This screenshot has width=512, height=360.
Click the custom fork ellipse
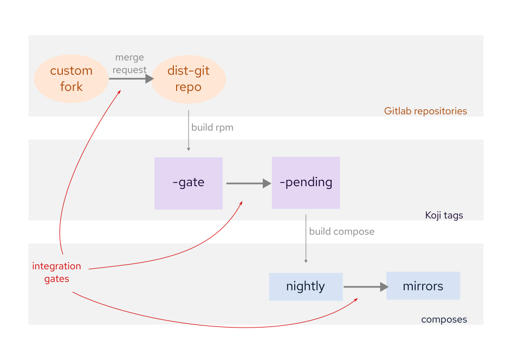(71, 78)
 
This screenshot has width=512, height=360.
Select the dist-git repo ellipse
(188, 79)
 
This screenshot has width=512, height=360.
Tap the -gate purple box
(188, 183)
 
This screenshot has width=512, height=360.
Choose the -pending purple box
(306, 182)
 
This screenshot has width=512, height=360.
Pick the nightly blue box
(306, 286)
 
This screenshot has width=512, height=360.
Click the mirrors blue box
(423, 286)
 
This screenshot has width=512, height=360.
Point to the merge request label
(129, 63)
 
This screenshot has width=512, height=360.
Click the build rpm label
(212, 128)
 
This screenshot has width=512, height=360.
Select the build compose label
(341, 231)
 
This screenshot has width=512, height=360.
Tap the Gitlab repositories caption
(425, 111)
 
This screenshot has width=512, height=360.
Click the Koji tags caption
(444, 215)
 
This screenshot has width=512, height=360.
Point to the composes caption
(444, 319)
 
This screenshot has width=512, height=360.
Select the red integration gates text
(56, 272)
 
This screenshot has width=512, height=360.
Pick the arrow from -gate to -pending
(248, 184)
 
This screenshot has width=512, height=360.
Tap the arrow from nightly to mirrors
(366, 287)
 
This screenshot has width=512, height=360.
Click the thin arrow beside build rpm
(189, 130)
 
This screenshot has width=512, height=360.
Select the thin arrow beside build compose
(306, 238)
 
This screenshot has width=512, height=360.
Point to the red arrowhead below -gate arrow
(241, 202)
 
